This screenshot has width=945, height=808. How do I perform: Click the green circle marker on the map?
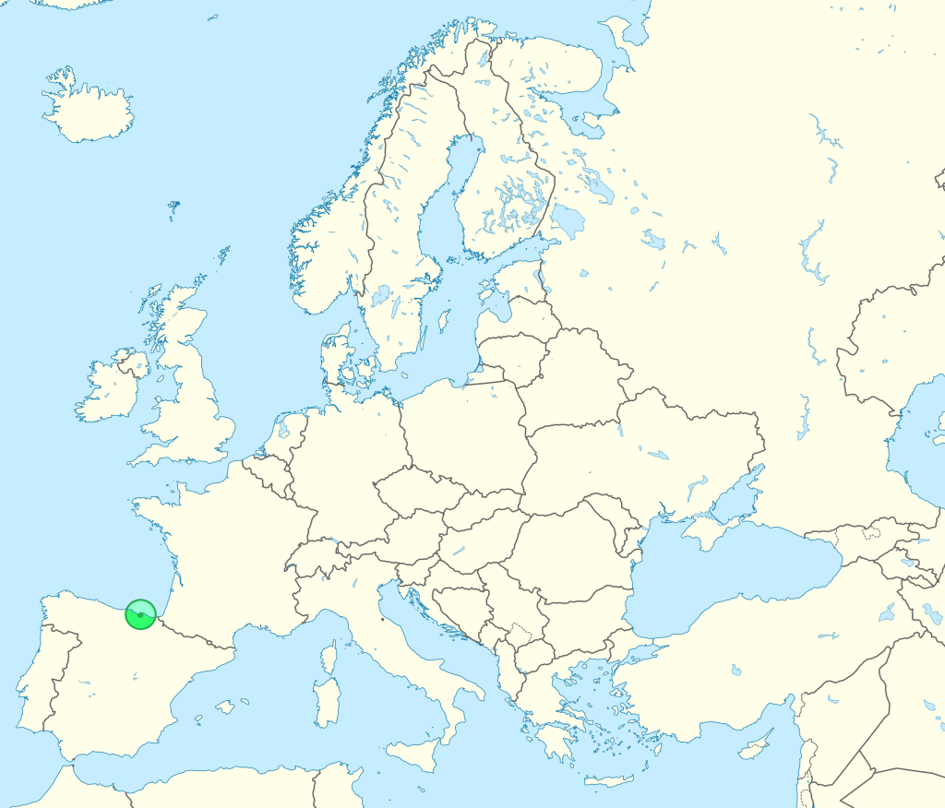[140, 614]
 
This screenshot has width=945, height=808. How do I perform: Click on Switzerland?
[314, 558]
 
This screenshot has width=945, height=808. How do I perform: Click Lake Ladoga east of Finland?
[568, 221]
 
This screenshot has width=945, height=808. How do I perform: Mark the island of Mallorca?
[225, 707]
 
